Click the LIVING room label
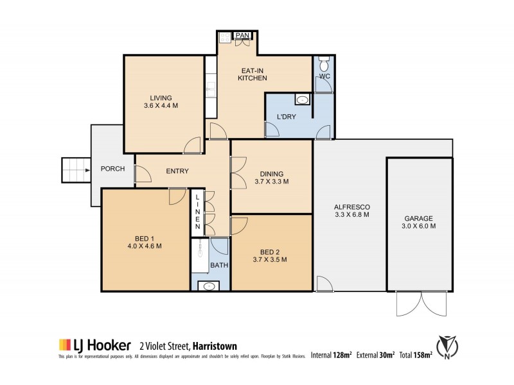click(161, 98)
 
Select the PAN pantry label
click(243, 35)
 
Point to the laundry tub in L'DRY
click(301, 99)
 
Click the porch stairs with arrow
click(76, 171)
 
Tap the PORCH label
click(112, 169)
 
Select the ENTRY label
click(177, 171)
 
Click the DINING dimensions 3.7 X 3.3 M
click(271, 182)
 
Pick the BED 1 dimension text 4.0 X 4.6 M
click(144, 246)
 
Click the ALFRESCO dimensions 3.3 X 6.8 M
click(351, 216)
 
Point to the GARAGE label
click(419, 218)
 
